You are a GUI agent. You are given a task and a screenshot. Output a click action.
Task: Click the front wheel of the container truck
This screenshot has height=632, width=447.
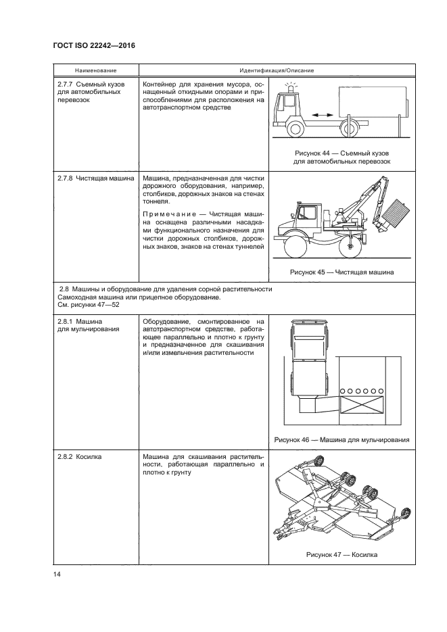click(x=296, y=128)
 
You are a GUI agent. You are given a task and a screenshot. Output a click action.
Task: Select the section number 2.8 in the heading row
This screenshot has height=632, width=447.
click(x=64, y=289)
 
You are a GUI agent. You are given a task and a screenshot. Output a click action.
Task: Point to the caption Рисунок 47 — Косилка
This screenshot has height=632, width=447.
click(x=342, y=555)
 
